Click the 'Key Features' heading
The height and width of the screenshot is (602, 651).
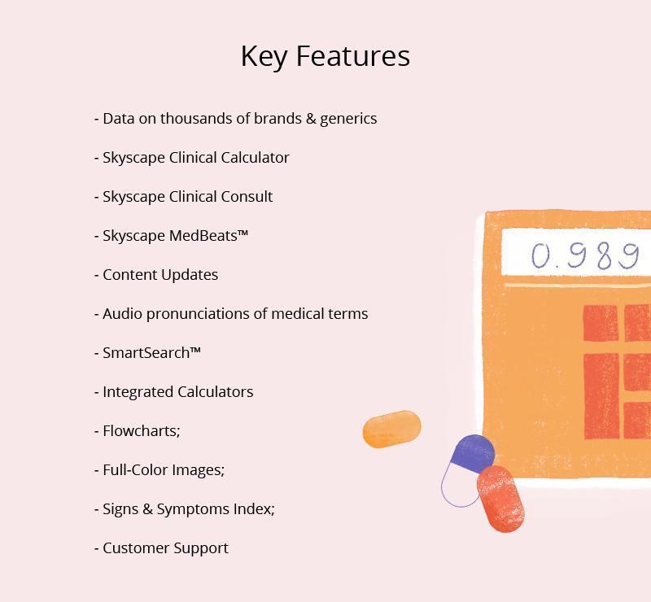tap(325, 56)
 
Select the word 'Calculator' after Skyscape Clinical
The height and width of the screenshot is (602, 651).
tap(255, 158)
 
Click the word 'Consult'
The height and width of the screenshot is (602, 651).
tap(247, 197)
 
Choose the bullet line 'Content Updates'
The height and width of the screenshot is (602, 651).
tap(156, 275)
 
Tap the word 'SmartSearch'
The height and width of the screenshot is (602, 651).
tap(146, 353)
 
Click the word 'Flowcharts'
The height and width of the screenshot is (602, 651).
tap(139, 431)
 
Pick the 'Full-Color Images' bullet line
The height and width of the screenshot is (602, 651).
tap(159, 470)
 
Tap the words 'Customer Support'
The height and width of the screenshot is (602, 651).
tap(165, 548)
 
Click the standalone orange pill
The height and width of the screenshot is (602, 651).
tap(392, 430)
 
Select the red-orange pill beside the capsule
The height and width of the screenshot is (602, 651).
tap(500, 499)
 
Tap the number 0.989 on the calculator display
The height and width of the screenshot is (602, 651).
tap(585, 255)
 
